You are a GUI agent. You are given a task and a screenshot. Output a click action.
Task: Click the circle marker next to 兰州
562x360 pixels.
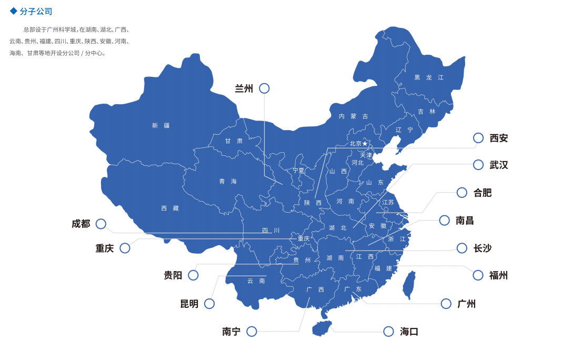264,88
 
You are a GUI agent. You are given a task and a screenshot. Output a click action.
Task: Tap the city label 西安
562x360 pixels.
498,138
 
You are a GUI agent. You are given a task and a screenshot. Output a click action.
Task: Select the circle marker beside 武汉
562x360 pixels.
478,165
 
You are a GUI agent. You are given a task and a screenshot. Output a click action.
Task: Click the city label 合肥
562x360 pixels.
482,193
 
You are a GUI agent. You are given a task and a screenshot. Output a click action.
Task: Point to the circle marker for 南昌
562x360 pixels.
445,221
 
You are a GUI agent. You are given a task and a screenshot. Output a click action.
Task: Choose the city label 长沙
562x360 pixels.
482,248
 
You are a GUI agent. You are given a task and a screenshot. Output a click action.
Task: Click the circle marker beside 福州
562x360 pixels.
478,275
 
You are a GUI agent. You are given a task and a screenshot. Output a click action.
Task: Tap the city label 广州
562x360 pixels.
466,304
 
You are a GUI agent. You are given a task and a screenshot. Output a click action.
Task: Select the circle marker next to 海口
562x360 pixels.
388,332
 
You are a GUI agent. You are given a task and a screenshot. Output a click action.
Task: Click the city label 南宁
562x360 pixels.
231,332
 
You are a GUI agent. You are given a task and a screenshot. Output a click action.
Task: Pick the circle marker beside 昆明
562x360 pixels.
209,304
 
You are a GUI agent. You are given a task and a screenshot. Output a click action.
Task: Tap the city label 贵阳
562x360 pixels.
173,275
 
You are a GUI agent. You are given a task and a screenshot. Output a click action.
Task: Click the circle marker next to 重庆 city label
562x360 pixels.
125,248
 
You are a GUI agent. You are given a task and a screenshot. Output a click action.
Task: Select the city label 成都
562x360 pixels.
81,224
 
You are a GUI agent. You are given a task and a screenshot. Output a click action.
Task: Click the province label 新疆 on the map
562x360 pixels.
160,125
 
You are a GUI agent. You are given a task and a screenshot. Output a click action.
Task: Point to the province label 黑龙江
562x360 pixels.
428,77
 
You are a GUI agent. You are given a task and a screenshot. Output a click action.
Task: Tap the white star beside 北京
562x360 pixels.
365,144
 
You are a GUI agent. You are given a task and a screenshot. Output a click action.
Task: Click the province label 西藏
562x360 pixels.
169,208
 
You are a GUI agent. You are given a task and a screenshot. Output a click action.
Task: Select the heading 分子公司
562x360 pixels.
36,12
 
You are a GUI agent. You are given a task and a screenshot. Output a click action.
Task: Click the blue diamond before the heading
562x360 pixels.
14,11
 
